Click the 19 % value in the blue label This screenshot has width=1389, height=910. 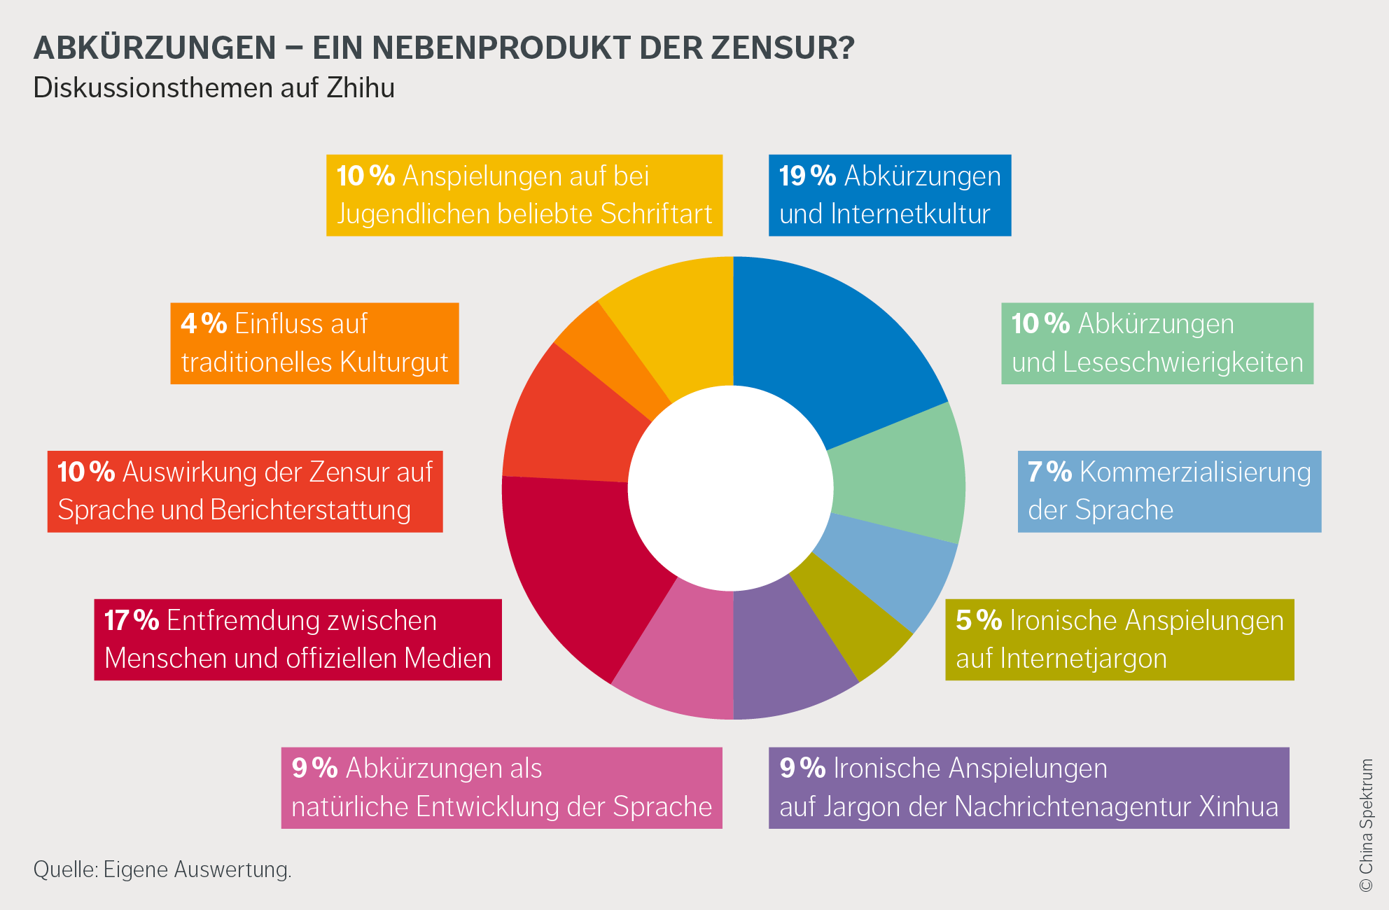[x=807, y=176]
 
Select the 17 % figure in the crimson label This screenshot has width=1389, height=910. [x=132, y=621]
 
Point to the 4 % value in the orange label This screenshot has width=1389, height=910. [x=204, y=324]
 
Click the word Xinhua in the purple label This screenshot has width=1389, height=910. [x=1238, y=807]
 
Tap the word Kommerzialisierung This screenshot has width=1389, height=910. [x=1195, y=472]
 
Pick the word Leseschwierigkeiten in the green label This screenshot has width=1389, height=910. [x=1182, y=363]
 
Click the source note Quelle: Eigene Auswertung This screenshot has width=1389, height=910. [x=162, y=870]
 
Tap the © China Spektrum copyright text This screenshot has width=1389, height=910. [x=1366, y=826]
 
